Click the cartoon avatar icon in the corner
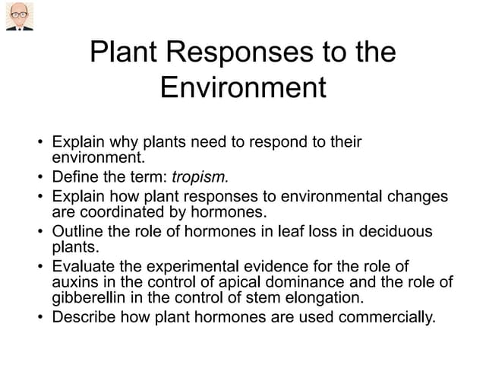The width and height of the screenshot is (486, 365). [x=19, y=17]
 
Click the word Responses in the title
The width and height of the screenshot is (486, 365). [x=231, y=52]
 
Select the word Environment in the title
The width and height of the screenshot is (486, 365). [x=243, y=87]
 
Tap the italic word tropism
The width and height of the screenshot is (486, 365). [x=200, y=177]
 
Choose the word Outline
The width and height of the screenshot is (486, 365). [x=76, y=230]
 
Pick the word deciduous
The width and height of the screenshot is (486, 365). [x=394, y=230]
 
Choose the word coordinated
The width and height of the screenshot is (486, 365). [x=115, y=212]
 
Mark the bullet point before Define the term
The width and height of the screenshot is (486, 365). [x=39, y=178]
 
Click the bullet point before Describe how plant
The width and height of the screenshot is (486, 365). [x=39, y=316]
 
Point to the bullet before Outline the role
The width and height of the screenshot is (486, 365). [x=39, y=231]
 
